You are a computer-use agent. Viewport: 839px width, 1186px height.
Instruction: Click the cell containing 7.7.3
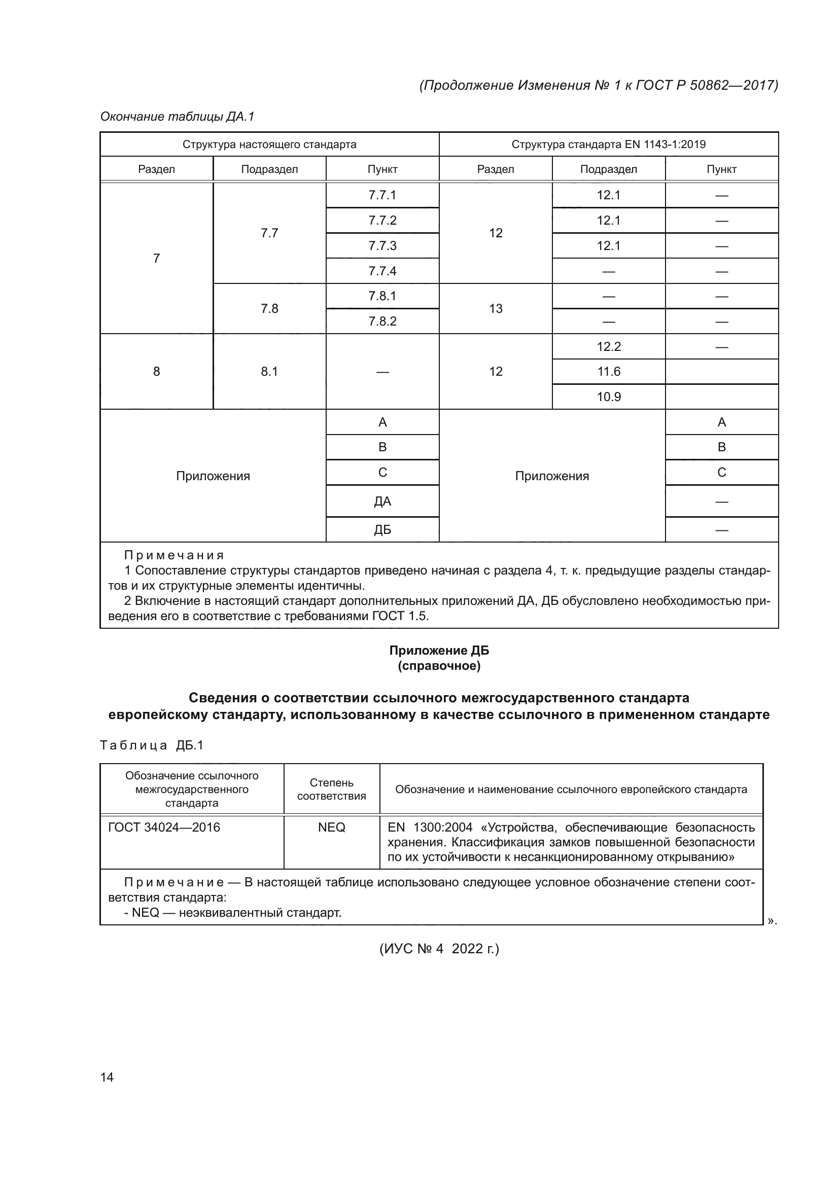pos(382,245)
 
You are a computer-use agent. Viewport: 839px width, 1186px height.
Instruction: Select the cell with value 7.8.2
pos(382,321)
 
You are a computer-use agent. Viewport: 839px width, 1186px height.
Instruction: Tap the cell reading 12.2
pos(609,347)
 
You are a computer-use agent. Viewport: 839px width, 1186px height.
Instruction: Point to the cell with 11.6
pos(609,371)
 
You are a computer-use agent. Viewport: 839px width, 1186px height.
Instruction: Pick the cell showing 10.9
pos(609,397)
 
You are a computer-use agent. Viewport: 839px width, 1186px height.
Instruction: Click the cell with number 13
pos(496,308)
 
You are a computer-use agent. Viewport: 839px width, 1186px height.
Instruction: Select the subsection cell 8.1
pos(269,371)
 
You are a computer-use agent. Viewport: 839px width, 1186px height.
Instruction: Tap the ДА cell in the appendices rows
pos(382,501)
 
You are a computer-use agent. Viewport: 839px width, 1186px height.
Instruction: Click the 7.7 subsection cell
pos(269,233)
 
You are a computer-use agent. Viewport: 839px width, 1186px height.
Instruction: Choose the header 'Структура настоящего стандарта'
pos(269,144)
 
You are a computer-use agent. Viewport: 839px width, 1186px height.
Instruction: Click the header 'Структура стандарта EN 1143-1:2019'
pos(609,144)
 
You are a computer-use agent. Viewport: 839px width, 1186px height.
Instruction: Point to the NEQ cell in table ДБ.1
pos(331,827)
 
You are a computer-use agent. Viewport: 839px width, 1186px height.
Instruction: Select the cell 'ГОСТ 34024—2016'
pos(164,827)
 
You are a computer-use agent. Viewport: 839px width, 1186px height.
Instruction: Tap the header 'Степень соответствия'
pos(331,789)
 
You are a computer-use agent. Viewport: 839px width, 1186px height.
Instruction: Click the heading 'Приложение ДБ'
pos(439,651)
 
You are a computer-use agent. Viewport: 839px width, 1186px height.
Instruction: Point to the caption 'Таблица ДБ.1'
pos(152,745)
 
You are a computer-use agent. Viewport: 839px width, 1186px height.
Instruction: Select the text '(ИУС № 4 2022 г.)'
pos(439,949)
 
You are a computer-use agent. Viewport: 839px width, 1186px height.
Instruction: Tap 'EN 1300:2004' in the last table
pos(430,828)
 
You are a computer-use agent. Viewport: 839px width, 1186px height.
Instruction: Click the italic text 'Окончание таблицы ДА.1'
pos(177,117)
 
